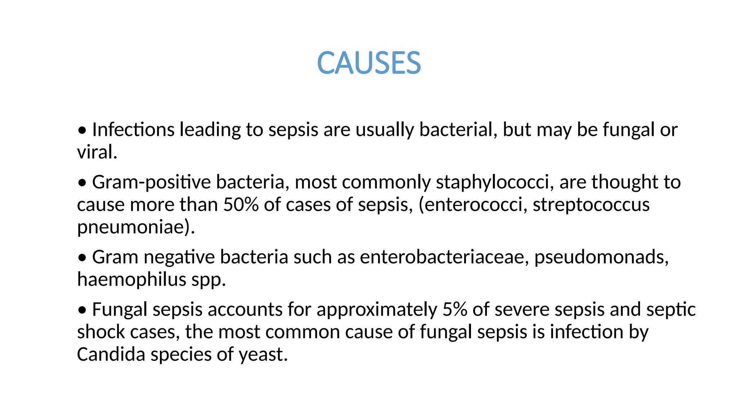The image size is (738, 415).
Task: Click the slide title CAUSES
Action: pyautogui.click(x=369, y=63)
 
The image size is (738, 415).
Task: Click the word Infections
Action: pyautogui.click(x=133, y=130)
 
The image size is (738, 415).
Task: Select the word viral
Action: pyautogui.click(x=97, y=152)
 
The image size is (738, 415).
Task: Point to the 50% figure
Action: pyautogui.click(x=241, y=205)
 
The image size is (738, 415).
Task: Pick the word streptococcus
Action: pyautogui.click(x=591, y=205)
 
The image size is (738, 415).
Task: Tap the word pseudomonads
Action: pyautogui.click(x=601, y=257)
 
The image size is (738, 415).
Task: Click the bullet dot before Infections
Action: pyautogui.click(x=82, y=131)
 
